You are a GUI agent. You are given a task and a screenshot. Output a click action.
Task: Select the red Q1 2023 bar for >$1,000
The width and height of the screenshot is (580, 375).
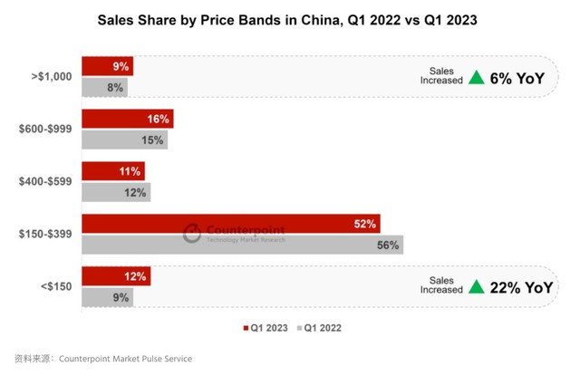[x=108, y=66]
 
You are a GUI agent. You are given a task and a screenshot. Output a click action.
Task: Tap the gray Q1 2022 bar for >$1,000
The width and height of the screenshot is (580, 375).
[x=105, y=88]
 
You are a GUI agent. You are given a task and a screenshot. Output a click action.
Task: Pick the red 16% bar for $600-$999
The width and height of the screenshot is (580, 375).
[x=127, y=119]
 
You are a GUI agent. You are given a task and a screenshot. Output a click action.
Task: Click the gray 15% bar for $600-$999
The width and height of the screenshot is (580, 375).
[x=124, y=140]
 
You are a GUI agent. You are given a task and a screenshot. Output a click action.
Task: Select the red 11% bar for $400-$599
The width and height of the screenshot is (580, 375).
[x=112, y=171]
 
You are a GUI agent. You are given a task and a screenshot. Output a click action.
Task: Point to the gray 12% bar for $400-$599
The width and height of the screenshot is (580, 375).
[x=116, y=193]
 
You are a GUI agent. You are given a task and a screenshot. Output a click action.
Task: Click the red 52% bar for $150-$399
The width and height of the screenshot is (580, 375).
[x=230, y=224]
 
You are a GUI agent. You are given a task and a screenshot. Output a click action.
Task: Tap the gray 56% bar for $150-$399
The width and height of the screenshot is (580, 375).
[x=242, y=245]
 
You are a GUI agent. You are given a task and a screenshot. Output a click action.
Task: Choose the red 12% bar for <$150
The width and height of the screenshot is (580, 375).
[x=116, y=276]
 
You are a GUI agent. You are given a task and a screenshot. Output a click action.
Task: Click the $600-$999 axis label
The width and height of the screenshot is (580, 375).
[x=44, y=130]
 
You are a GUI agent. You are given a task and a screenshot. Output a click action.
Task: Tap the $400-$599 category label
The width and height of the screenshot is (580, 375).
[x=44, y=182]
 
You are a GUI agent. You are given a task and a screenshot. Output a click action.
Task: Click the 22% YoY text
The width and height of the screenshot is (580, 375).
[x=520, y=287]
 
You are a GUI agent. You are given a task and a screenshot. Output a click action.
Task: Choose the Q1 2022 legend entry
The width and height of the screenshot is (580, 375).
[x=322, y=328]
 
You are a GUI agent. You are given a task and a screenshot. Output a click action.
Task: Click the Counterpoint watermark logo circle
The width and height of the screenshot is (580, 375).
[x=191, y=234]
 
